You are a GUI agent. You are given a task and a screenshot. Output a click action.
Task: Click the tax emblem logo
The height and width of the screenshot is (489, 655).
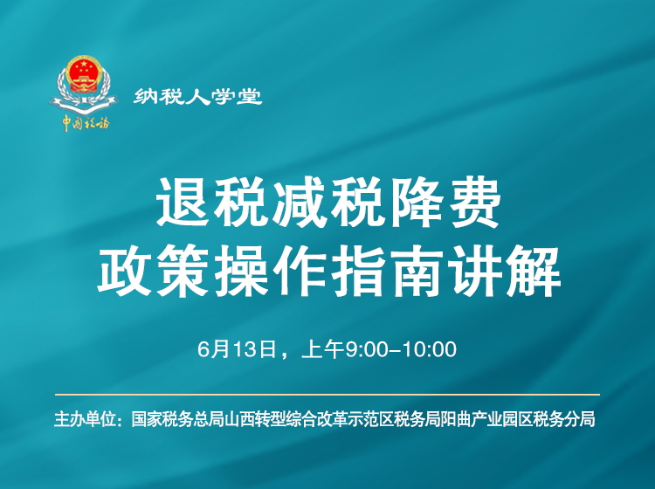click(85, 85)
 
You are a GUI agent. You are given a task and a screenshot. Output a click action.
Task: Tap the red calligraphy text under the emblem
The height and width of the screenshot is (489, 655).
click(85, 123)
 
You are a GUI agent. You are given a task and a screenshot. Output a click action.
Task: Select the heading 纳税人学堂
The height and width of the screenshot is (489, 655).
click(197, 97)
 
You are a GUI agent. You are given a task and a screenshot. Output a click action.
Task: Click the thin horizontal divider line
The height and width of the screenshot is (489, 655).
click(327, 395)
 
